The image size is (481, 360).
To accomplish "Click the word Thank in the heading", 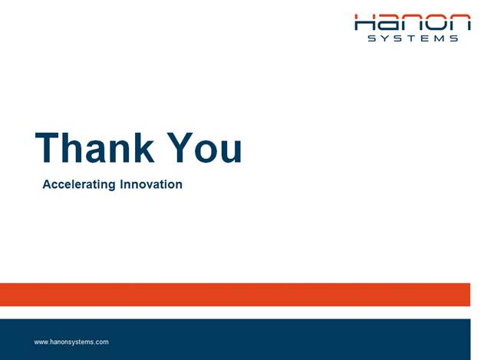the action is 95,147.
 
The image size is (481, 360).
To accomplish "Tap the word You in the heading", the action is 205,147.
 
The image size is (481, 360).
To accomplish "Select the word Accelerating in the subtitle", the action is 79,185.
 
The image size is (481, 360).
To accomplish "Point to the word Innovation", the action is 151,184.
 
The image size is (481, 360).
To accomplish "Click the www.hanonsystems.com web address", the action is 71,342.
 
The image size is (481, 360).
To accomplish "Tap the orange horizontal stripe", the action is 235,295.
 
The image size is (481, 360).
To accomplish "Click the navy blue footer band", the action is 235,339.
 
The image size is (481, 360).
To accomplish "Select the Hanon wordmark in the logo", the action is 412,22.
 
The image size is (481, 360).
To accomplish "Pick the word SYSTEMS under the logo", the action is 413,38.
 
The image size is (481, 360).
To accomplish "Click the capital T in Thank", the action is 47,147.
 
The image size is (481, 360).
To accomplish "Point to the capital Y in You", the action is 180,147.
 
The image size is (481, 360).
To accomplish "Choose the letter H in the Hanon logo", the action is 364,22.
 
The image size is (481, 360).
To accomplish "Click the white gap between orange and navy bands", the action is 235,312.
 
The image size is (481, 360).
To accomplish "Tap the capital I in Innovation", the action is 121,184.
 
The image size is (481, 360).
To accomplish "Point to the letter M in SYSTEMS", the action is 439,38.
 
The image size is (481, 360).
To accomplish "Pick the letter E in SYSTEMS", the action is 424,38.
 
